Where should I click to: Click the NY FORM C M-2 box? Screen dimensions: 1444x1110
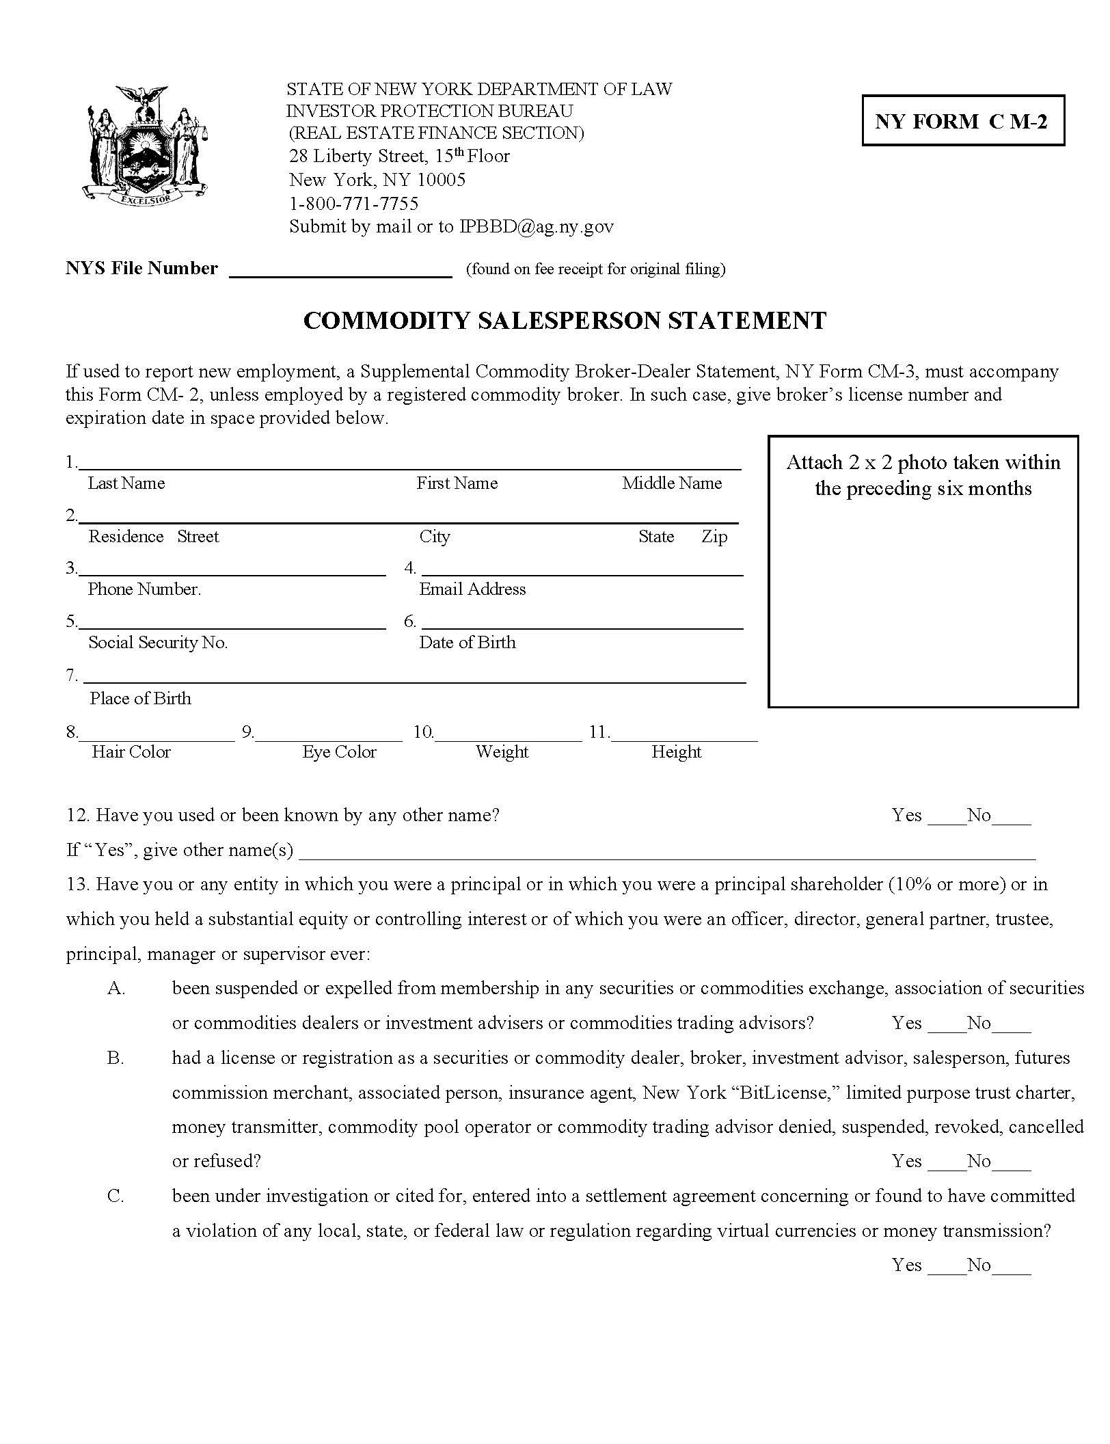962,121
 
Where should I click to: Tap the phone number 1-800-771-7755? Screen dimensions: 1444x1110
353,203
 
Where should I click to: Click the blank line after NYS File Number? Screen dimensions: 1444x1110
340,271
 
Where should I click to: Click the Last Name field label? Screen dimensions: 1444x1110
126,483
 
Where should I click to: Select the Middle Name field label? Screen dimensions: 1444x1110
671,483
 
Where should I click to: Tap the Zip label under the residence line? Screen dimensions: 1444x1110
714,537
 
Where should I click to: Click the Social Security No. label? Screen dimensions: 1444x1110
158,643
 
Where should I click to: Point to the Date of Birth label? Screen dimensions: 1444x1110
468,643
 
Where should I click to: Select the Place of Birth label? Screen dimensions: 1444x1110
140,699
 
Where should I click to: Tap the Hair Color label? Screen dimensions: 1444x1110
131,752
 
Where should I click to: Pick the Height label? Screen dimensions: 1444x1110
676,752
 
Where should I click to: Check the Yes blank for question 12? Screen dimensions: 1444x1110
946,819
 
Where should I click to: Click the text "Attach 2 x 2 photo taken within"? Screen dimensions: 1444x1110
923,463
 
